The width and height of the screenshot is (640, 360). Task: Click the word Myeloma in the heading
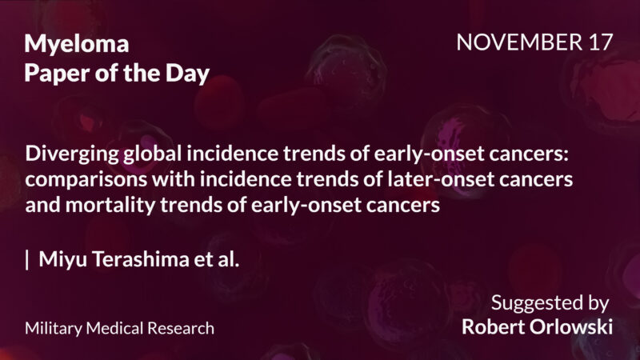pyautogui.click(x=77, y=44)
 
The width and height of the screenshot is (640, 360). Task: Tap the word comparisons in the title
pyautogui.click(x=78, y=179)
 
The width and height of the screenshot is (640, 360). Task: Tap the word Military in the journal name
pyautogui.click(x=50, y=328)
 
